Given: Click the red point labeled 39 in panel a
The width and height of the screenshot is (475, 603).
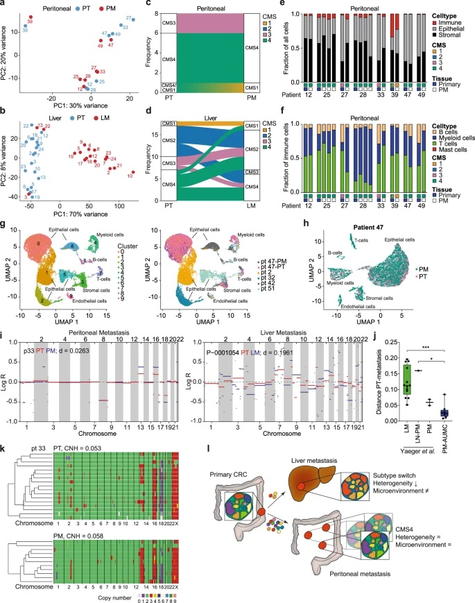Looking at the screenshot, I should (x=29, y=17).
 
